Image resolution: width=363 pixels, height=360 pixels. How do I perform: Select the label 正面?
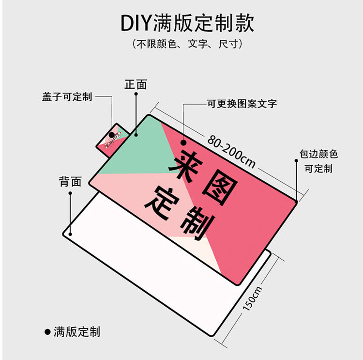tap(136, 84)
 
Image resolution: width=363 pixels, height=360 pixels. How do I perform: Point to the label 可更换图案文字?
tap(242, 104)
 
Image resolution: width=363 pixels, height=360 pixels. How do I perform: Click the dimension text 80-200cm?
tap(232, 150)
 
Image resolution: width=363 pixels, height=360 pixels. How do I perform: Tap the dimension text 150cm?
tap(252, 298)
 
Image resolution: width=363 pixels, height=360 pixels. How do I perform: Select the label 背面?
tap(70, 182)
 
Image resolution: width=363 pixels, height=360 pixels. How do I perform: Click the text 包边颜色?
tap(318, 155)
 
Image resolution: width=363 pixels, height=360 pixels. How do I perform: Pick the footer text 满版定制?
tap(77, 332)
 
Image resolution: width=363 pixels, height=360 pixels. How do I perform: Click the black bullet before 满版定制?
tap(47, 332)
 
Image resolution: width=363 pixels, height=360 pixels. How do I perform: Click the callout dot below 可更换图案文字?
tap(184, 143)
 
